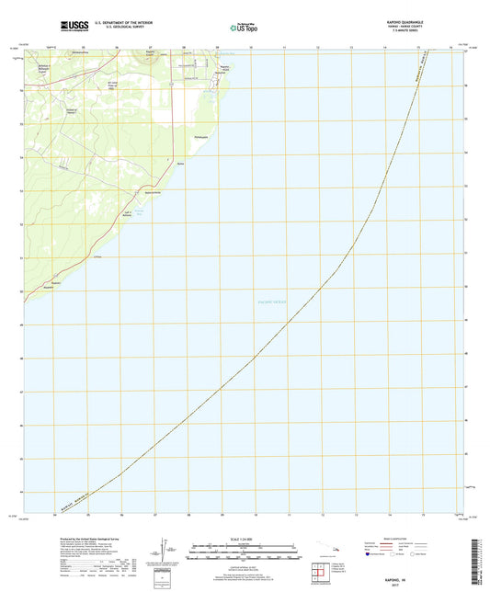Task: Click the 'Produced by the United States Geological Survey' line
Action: pyautogui.click(x=87, y=540)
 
